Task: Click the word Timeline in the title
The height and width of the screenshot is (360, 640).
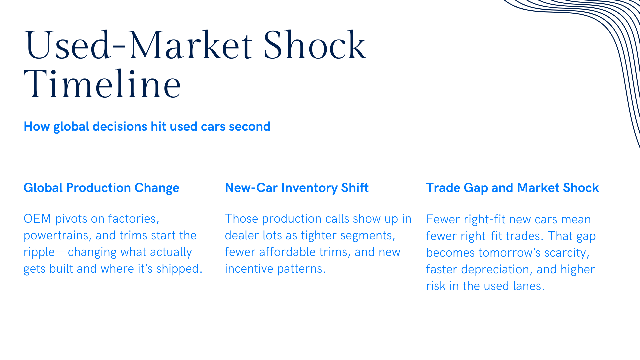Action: click(102, 84)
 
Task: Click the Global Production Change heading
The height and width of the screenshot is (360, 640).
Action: click(101, 188)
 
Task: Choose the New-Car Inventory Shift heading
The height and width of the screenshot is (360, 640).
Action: click(297, 188)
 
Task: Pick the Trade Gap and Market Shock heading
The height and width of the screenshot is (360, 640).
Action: click(512, 188)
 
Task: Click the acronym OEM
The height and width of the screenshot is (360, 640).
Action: click(37, 219)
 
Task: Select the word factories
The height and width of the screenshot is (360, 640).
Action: click(134, 219)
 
